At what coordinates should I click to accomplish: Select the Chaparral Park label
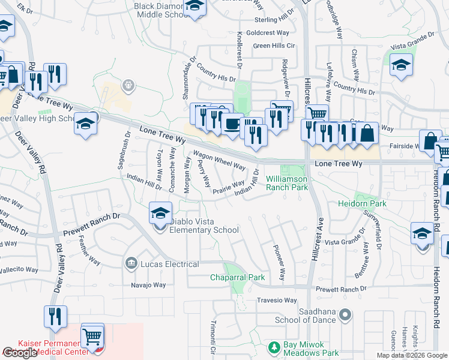point(237,277)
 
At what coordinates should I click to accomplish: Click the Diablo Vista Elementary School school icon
point(160,214)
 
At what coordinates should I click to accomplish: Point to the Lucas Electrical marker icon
point(131,263)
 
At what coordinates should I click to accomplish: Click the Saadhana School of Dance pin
point(345,314)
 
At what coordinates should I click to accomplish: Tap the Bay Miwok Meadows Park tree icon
point(274,347)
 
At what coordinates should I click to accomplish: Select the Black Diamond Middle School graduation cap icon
point(194,7)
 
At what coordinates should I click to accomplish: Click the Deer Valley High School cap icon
point(86,124)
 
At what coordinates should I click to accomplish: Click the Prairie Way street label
point(228,188)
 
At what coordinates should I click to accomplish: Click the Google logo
point(20,353)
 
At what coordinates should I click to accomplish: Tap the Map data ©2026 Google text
point(412,355)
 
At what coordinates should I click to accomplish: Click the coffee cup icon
point(231,125)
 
